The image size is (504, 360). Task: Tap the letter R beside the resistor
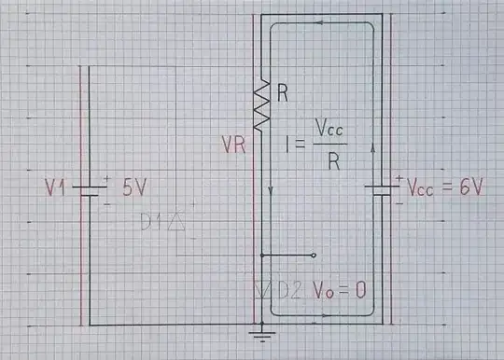pos(283,92)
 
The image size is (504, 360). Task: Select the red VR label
pos(234,145)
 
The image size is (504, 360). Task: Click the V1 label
pos(56,188)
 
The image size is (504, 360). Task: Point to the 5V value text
pos(134,187)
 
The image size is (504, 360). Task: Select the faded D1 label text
pos(154,222)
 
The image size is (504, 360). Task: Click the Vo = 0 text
pos(338,290)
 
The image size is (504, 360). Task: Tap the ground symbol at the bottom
pos(263,329)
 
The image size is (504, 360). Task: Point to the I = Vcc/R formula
pos(316,145)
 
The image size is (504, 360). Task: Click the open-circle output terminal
pos(315,255)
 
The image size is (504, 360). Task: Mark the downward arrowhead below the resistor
pos(271,191)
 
